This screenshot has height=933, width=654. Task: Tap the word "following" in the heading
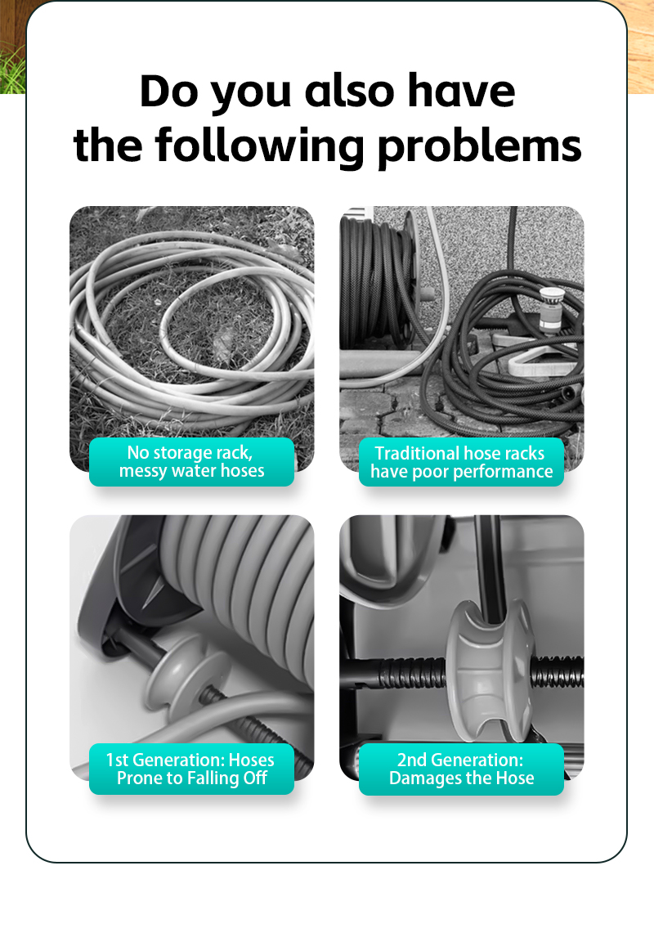coord(259,146)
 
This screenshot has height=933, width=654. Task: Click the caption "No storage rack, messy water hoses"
coord(191,462)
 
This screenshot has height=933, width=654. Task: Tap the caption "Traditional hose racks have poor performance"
coord(461,462)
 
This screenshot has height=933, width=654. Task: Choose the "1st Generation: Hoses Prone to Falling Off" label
coord(191,769)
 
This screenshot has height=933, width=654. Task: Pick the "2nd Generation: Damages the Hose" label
coord(461,769)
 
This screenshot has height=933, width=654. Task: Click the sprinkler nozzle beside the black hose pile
coord(550,309)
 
